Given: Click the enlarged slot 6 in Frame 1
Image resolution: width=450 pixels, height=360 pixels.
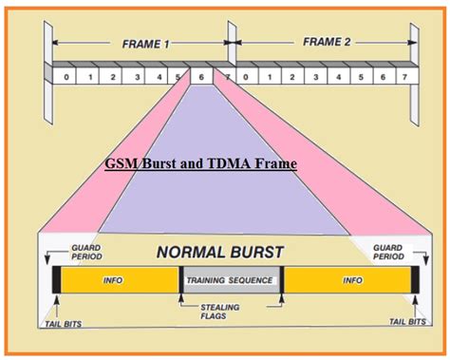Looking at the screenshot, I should pos(201,75).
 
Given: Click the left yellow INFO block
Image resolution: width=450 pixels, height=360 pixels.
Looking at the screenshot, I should pos(116,280).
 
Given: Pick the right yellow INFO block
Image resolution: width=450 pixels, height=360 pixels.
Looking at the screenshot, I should pos(347,280).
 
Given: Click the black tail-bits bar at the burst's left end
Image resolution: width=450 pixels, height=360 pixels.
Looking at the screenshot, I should pos(56,280).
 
